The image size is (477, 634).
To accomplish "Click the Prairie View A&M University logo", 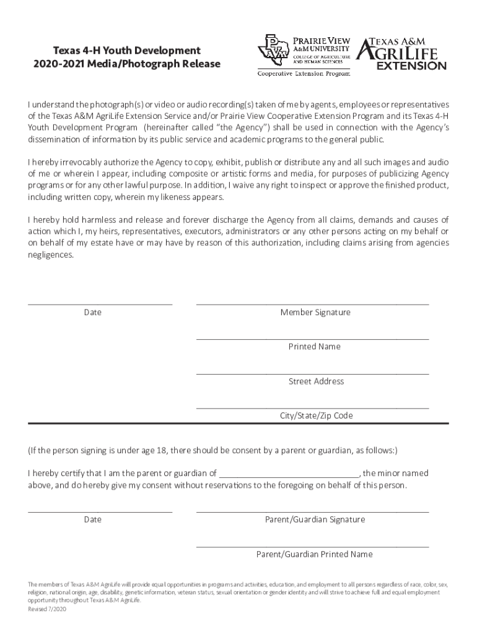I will [x=303, y=50].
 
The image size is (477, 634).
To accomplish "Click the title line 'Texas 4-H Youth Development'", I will [x=126, y=50].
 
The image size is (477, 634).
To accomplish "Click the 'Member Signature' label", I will [x=315, y=313].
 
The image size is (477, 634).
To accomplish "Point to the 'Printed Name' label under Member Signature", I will [x=314, y=347].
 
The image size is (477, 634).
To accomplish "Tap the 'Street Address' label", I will [x=316, y=381].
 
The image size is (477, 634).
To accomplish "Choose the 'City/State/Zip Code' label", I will [x=316, y=416].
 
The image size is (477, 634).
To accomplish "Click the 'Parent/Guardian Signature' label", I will [x=315, y=519].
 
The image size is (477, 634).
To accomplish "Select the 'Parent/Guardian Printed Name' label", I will [x=314, y=554].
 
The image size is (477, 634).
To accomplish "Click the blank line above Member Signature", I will [x=312, y=303].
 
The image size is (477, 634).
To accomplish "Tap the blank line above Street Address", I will [x=312, y=373].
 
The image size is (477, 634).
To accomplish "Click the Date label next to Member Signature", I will [x=93, y=313].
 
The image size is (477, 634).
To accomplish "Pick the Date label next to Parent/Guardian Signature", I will [x=93, y=519].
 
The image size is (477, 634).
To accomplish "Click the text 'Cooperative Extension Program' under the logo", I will [x=304, y=74].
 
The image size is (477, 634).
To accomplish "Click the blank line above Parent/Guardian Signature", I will [x=312, y=511].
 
